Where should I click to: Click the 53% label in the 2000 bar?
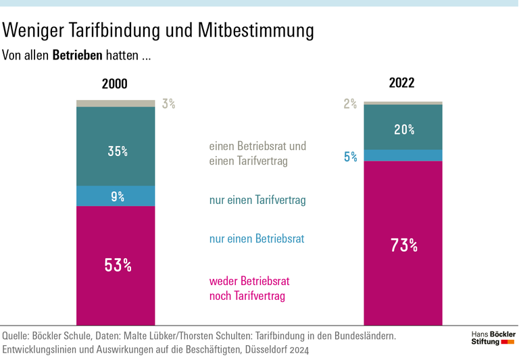click(x=118, y=265)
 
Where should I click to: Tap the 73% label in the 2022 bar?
click(x=403, y=245)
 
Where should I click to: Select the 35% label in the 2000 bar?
click(x=118, y=151)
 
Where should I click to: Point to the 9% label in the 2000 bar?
click(x=118, y=197)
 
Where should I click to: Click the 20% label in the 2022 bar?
click(x=404, y=130)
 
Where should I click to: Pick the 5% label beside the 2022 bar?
click(x=351, y=157)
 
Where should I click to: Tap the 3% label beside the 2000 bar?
click(x=168, y=104)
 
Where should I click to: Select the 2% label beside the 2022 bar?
click(x=350, y=104)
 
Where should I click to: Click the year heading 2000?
click(x=114, y=84)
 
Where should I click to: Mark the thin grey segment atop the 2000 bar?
click(x=116, y=103)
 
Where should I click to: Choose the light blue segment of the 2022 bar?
click(x=403, y=155)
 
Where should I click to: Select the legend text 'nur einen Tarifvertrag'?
click(x=257, y=201)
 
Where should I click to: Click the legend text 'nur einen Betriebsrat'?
click(x=256, y=238)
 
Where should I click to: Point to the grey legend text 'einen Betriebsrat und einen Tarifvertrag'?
click(x=257, y=153)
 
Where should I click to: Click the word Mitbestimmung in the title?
click(x=256, y=30)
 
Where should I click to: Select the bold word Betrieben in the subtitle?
click(x=77, y=55)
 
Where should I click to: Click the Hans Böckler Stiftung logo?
click(x=493, y=338)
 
